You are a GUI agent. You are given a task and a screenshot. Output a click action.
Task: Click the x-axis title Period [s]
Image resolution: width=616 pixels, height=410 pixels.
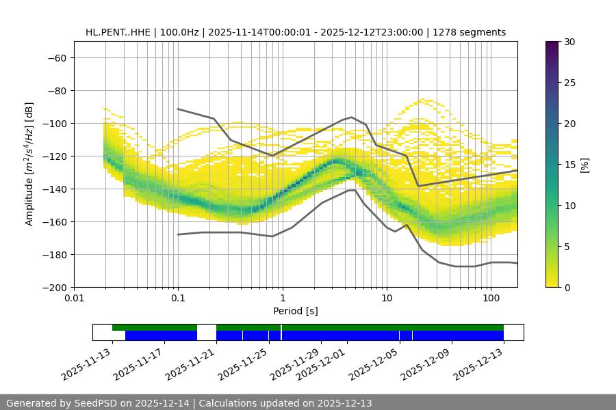(x=296, y=312)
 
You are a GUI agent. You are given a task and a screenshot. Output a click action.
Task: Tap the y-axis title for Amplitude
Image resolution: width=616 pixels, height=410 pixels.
(x=29, y=164)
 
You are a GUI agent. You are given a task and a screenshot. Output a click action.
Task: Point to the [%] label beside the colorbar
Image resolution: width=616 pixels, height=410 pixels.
(x=585, y=165)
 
